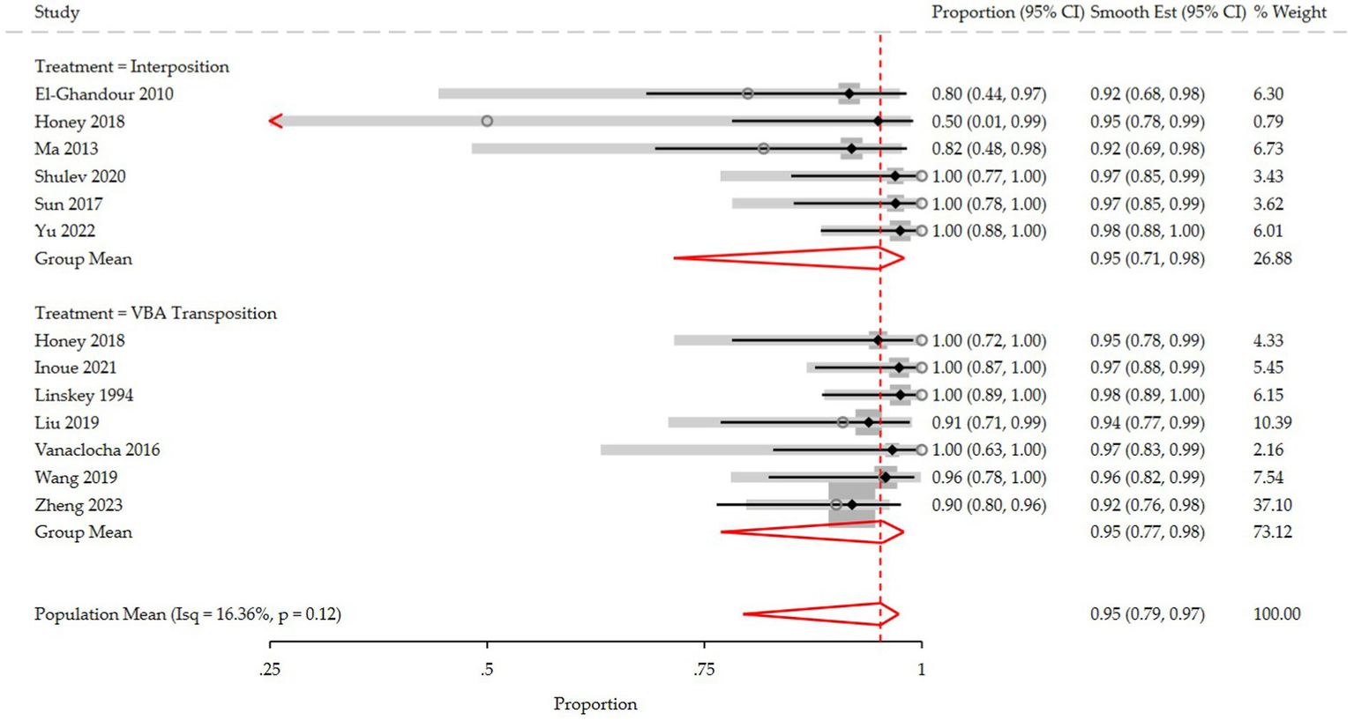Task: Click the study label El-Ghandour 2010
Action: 103,94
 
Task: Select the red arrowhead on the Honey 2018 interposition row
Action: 276,122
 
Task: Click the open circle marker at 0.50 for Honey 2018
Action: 487,122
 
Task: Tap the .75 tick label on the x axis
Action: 704,670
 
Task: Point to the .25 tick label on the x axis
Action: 270,670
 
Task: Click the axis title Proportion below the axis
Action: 595,704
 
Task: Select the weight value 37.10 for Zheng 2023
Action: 1272,505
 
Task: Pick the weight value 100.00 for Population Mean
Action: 1276,614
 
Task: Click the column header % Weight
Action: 1290,12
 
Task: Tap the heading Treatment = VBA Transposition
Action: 155,314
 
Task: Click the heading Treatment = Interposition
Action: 131,67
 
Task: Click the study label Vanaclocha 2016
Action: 97,450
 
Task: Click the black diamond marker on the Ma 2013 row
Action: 851,149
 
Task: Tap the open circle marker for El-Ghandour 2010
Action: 747,93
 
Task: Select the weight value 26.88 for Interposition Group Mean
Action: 1272,259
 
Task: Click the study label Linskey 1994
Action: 84,396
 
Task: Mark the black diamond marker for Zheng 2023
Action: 851,505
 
